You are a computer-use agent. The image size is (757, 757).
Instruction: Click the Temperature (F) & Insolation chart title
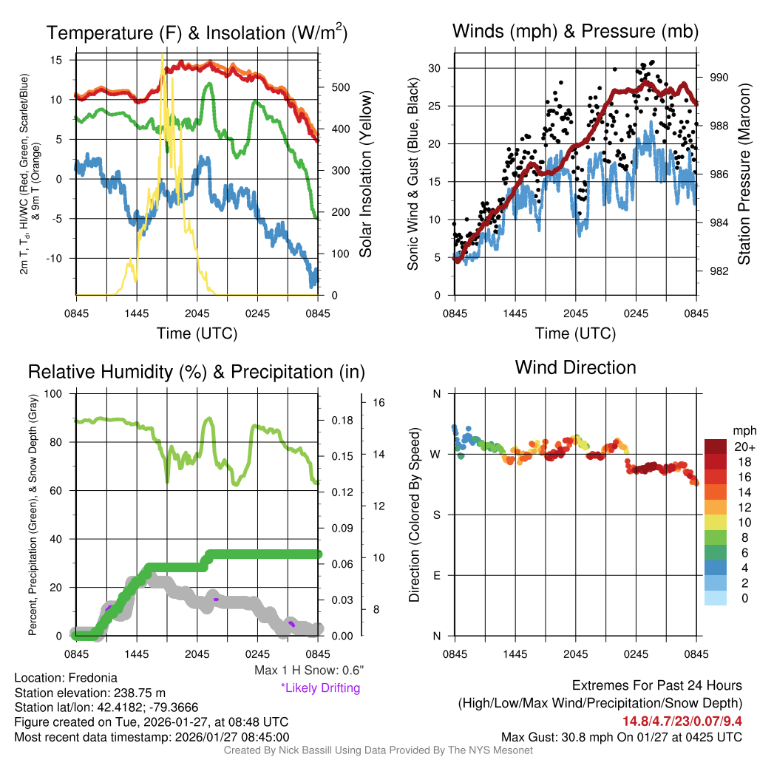point(197,33)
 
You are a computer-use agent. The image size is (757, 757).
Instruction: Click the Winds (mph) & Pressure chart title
point(575,31)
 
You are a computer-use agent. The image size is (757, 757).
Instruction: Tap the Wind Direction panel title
point(575,367)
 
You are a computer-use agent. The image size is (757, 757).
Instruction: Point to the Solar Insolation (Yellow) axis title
point(365,175)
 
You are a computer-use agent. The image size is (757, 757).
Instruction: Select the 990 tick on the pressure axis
point(719,77)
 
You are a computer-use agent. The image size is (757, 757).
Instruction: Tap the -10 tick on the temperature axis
point(60,258)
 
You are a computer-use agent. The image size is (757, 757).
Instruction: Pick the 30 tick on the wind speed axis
point(435,68)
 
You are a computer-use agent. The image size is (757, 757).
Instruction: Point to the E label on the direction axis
point(436,575)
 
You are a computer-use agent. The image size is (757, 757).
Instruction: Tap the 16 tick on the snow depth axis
point(380,403)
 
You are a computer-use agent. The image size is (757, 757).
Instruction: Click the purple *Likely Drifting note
point(320,688)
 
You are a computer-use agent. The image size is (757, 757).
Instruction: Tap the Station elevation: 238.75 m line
point(89,693)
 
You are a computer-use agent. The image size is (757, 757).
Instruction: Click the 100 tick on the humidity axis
point(54,393)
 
